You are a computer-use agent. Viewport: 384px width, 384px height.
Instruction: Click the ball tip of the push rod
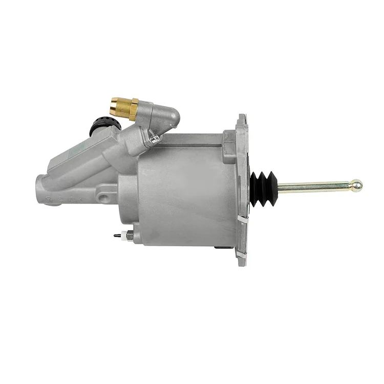coord(356,185)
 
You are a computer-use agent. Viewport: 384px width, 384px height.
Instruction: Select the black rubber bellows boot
coord(263,188)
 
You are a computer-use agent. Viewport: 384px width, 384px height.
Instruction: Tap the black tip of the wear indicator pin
coord(115,236)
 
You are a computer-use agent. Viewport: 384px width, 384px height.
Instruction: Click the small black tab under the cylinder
coord(220,247)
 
